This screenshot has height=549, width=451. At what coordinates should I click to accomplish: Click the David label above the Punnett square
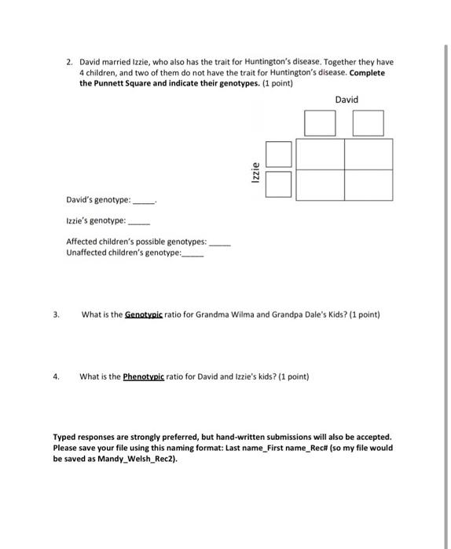coord(346,100)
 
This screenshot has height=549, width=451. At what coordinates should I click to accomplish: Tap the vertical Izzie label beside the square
coord(255,169)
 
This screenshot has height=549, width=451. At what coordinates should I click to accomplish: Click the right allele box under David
coord(368,123)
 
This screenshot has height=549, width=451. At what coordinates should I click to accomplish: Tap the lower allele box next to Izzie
coord(278,184)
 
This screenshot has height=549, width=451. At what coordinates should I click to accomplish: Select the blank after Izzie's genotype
coord(137,223)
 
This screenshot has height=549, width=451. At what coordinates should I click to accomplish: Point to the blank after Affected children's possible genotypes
coord(221,244)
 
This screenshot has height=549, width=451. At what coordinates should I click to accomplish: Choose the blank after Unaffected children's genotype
coord(192,253)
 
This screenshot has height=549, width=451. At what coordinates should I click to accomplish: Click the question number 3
coord(56,315)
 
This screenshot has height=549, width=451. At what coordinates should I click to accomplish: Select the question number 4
coord(56,376)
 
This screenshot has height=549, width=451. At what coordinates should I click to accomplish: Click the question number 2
coord(70,61)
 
